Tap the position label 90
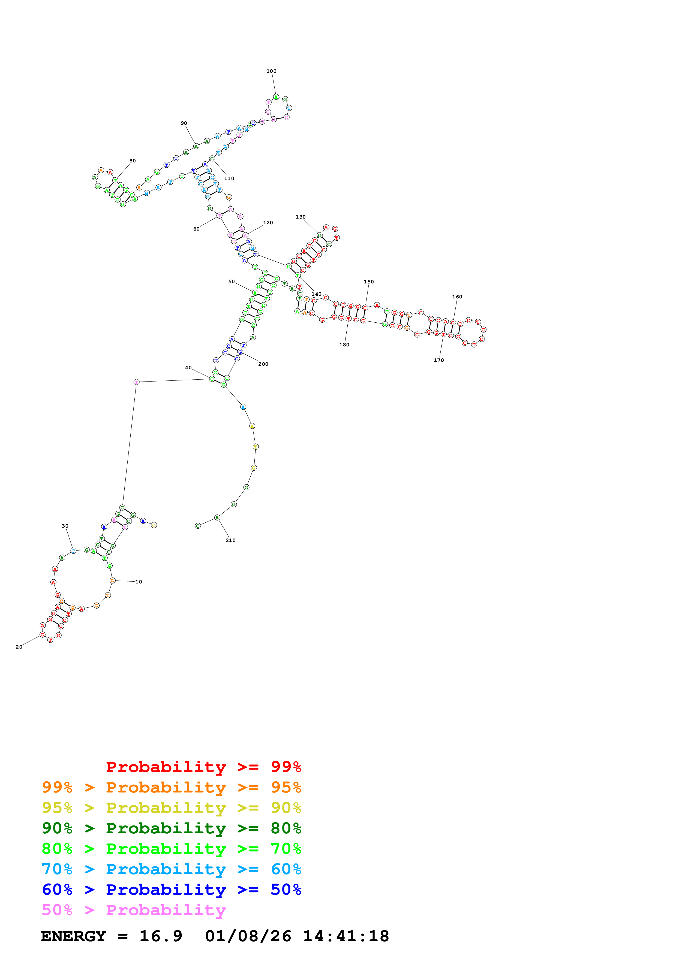click(184, 123)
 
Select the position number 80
click(133, 161)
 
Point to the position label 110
click(229, 179)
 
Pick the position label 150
click(369, 282)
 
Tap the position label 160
click(457, 297)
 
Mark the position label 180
click(344, 345)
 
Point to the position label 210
click(230, 540)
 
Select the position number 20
click(19, 647)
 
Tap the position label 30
click(65, 526)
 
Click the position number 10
click(139, 582)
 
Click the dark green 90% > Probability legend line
click(171, 828)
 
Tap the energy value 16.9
click(161, 936)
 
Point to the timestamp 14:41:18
click(346, 936)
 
